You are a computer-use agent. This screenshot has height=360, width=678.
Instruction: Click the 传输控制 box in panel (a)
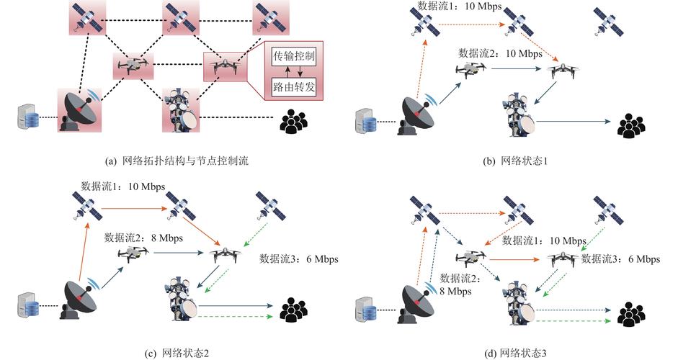pyautogui.click(x=293, y=56)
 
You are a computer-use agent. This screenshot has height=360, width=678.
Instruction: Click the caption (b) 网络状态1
pyautogui.click(x=515, y=161)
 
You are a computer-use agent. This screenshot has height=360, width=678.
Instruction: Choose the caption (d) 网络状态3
pyautogui.click(x=515, y=352)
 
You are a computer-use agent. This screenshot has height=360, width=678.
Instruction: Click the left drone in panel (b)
pyautogui.click(x=470, y=69)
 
